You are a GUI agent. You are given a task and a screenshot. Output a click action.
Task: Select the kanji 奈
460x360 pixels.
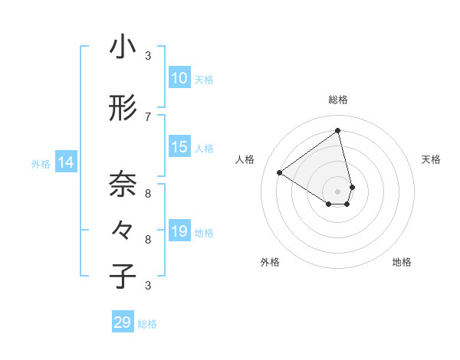coord(123,185)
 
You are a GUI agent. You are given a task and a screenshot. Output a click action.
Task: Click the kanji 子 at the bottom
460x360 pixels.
coord(123,277)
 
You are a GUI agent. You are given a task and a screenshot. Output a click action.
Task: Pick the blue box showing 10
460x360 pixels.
coord(179,78)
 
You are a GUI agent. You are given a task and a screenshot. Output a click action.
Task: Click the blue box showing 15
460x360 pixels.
coord(179,147)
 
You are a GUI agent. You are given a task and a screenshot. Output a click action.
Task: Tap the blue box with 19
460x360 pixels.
coord(179,231)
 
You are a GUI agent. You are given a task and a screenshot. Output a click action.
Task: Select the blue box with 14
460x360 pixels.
coord(66,162)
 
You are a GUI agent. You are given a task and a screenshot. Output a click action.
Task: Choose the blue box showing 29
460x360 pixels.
coord(123,322)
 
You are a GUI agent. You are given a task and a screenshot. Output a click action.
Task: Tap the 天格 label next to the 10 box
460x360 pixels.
coord(203,79)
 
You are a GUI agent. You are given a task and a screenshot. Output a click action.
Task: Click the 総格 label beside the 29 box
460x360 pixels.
coord(147,324)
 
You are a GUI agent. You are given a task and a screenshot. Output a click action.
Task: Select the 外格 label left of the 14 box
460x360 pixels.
coord(41,163)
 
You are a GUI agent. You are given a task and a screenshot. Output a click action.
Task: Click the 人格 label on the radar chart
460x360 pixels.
coord(245,159)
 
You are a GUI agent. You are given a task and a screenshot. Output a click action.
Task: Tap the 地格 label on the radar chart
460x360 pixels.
coord(402,262)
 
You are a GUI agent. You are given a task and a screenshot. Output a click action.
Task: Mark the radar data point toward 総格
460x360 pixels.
coord(337,130)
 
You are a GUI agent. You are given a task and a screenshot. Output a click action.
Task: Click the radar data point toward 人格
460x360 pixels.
coord(280,172)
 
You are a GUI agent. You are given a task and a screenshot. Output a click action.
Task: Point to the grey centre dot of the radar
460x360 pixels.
coord(337,191)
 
